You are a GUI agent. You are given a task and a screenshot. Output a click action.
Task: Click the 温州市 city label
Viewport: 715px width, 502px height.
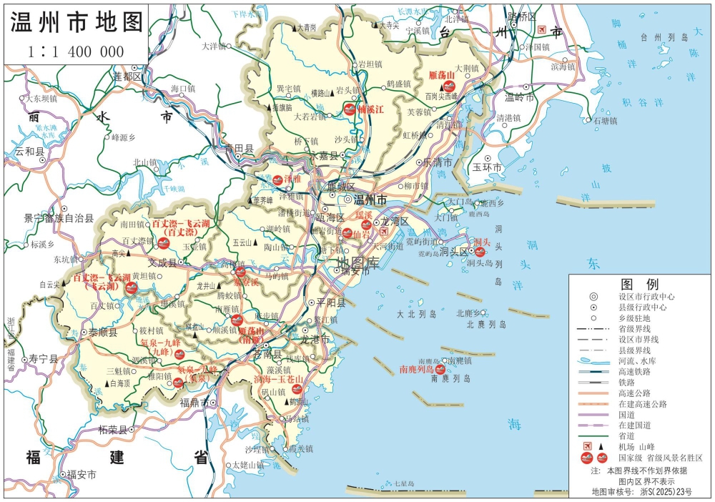[370, 199]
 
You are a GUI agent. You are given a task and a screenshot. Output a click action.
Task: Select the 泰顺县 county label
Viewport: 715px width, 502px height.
[103, 333]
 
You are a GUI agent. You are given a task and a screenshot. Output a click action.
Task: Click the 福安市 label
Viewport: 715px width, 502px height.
[82, 474]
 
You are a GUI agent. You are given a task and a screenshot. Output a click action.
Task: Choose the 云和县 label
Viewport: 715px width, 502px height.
[29, 152]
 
